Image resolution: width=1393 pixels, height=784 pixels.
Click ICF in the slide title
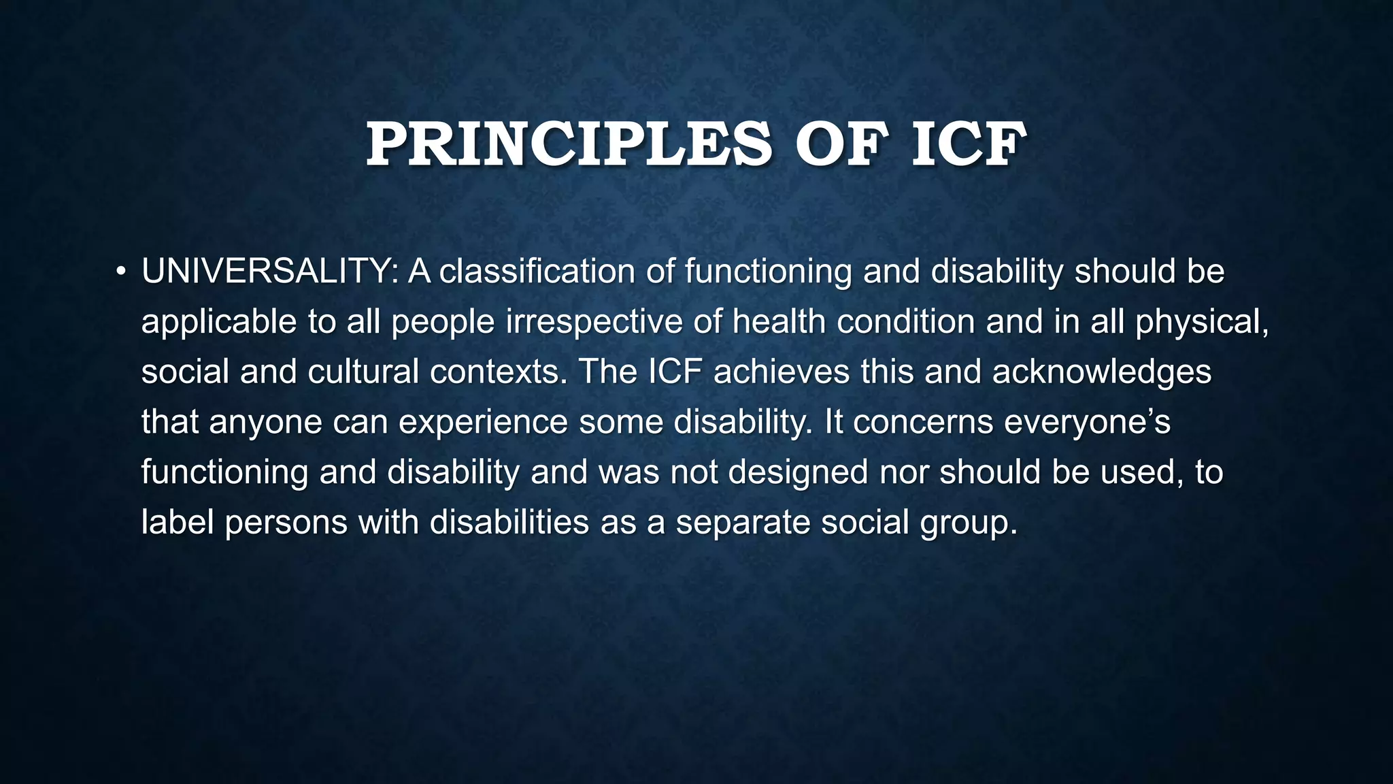(968, 144)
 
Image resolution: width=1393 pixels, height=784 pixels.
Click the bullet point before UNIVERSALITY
(120, 272)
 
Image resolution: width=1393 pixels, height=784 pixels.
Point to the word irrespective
(594, 322)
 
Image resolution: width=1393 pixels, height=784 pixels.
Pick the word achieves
(782, 372)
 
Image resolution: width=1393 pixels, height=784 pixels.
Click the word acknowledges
(1101, 372)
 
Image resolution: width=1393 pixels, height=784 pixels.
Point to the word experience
(483, 423)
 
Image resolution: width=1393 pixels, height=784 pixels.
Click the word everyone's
(1087, 423)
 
